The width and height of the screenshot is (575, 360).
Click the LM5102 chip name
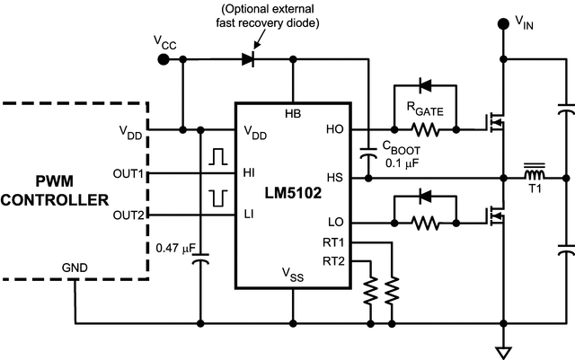pos(292,194)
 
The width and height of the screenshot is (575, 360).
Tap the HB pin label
pos(292,114)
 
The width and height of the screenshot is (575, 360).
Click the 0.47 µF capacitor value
pos(176,247)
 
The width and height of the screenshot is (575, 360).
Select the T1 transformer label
pos(535,190)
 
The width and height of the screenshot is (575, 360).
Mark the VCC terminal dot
pos(163,59)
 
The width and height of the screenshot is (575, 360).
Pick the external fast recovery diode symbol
pos(248,59)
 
